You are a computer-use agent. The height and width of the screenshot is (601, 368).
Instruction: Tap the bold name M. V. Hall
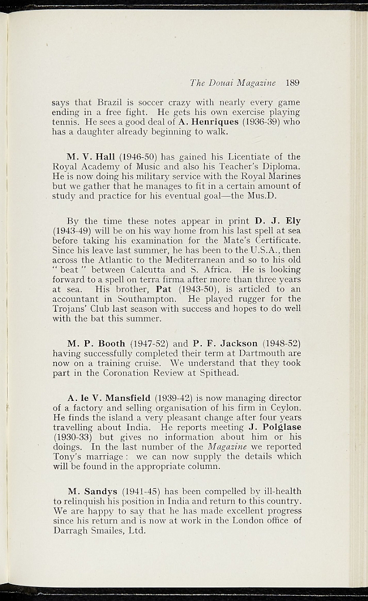pos(92,157)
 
